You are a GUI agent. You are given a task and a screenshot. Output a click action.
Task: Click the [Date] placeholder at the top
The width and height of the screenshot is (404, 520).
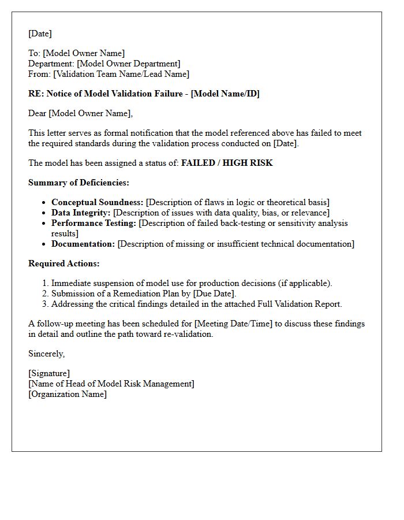pyautogui.click(x=40, y=34)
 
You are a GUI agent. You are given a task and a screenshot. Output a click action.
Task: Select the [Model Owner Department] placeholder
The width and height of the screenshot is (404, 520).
pyautogui.click(x=128, y=64)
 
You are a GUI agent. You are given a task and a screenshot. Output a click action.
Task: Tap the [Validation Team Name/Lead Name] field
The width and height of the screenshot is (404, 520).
pyautogui.click(x=121, y=74)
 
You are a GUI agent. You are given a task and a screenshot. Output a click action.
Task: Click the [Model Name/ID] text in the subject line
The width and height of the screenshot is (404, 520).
pyautogui.click(x=225, y=94)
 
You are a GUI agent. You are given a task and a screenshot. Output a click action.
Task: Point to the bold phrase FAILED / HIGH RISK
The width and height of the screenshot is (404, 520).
pyautogui.click(x=227, y=163)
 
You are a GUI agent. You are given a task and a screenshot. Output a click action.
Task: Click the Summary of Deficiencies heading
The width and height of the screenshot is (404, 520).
pyautogui.click(x=78, y=183)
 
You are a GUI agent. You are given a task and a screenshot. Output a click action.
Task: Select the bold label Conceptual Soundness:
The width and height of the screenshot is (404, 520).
pyautogui.click(x=97, y=202)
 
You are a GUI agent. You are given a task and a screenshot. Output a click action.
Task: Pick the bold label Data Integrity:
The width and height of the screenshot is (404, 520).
pyautogui.click(x=81, y=213)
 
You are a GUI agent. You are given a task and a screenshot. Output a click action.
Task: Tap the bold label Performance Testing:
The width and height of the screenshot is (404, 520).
pyautogui.click(x=93, y=223)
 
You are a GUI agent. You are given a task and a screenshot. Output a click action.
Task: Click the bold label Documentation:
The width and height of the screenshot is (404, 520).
pyautogui.click(x=83, y=244)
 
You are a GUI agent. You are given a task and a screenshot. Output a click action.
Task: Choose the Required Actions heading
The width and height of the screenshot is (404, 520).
pyautogui.click(x=63, y=263)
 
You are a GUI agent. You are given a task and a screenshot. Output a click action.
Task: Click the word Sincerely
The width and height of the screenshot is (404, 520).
pyautogui.click(x=46, y=354)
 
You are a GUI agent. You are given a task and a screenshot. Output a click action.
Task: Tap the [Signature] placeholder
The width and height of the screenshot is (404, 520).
pyautogui.click(x=49, y=373)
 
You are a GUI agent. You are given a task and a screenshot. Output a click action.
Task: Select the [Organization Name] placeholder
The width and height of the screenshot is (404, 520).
pyautogui.click(x=68, y=394)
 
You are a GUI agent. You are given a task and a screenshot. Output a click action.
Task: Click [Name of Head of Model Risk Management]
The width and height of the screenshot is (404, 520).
pyautogui.click(x=111, y=384)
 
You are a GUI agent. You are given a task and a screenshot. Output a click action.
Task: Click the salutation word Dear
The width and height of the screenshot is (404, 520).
pyautogui.click(x=38, y=113)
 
